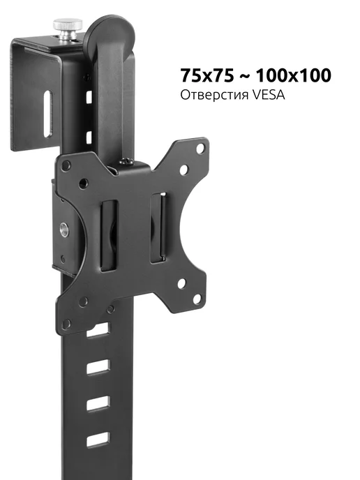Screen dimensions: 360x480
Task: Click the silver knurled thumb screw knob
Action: click(x=68, y=29)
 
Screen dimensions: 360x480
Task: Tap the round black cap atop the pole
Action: click(x=110, y=33)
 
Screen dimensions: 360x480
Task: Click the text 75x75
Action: click(x=207, y=75)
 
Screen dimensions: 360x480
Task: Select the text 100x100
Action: click(x=294, y=75)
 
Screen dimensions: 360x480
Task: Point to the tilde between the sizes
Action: click(x=245, y=76)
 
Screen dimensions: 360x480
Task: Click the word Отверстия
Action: click(x=214, y=95)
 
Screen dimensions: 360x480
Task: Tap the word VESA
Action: click(x=269, y=95)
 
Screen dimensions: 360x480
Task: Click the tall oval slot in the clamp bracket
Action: click(x=48, y=113)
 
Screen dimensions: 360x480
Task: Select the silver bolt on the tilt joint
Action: click(x=64, y=230)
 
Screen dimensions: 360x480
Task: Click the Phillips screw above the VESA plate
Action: click(x=126, y=160)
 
